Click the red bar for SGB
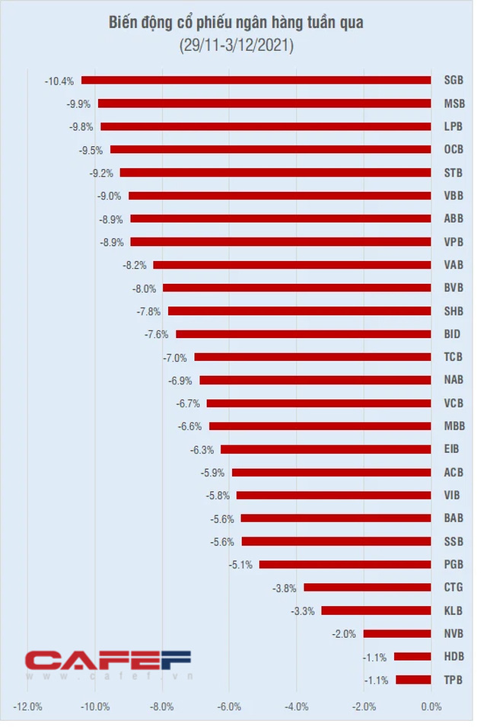pos(256,80)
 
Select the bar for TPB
pos(413,680)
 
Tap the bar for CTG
pos(367,587)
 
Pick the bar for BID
pos(303,333)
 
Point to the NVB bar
pos(396,633)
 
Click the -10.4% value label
pos(59,80)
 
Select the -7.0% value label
pos(175,357)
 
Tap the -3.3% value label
pos(303,611)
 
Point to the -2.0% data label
pos(345,633)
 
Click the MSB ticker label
pos(454,103)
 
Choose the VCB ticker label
pos(454,403)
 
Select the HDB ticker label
pos(454,656)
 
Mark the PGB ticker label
pos(454,564)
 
